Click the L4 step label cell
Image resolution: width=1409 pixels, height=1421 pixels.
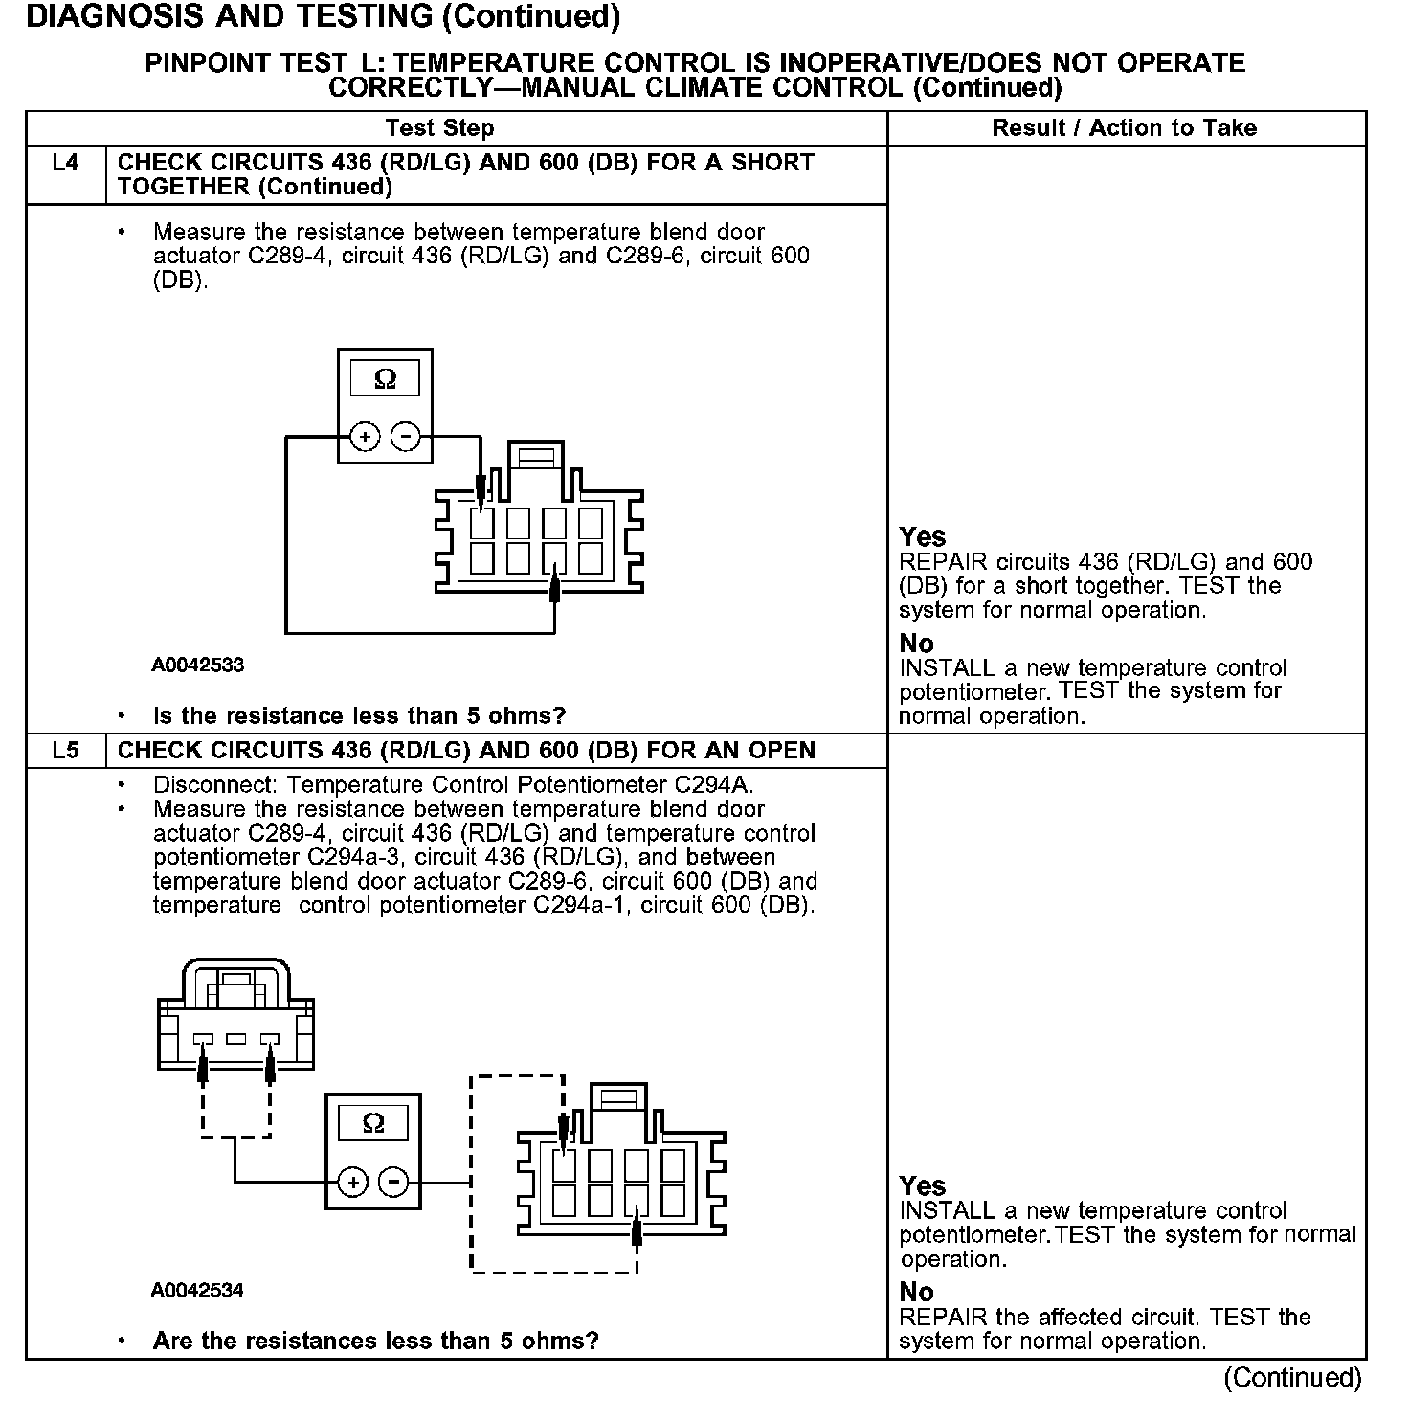tap(65, 164)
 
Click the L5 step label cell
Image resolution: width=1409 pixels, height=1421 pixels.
tap(65, 751)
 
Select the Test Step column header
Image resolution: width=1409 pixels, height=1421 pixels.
tap(439, 128)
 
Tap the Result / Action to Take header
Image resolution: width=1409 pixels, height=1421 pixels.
tap(1125, 128)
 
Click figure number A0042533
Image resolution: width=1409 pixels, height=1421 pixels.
tap(197, 665)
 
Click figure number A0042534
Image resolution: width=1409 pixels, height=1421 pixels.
tap(197, 1291)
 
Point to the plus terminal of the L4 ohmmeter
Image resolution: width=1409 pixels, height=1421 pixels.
tap(364, 438)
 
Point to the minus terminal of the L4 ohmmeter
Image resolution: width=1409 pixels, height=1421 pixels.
tap(406, 438)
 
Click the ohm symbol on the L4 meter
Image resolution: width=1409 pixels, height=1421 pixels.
tap(385, 379)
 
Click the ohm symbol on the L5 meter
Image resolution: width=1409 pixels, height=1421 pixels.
tap(373, 1123)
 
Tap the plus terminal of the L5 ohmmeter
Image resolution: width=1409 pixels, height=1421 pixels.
tap(352, 1183)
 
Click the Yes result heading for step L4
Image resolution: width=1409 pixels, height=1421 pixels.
tap(923, 537)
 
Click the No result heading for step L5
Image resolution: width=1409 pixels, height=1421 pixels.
tap(916, 1293)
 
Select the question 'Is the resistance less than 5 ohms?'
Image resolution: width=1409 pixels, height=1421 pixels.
tap(359, 716)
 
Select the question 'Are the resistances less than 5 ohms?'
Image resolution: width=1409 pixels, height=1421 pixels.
tap(375, 1341)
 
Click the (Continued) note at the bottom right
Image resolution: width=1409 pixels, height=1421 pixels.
tap(1291, 1378)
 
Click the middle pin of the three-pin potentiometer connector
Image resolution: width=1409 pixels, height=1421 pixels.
tap(235, 1039)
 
